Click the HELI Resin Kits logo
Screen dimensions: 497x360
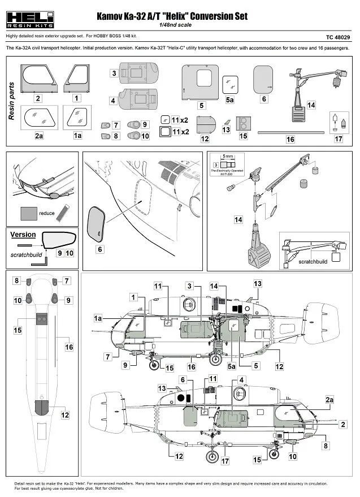[x=29, y=19]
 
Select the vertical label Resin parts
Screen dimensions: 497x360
[x=12, y=102]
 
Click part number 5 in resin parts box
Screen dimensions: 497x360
[x=201, y=105]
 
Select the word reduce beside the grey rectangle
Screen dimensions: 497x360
[x=47, y=214]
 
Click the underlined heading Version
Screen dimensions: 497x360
[x=23, y=235]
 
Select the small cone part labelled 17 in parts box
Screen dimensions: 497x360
[x=338, y=122]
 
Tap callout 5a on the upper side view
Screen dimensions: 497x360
[x=232, y=366]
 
